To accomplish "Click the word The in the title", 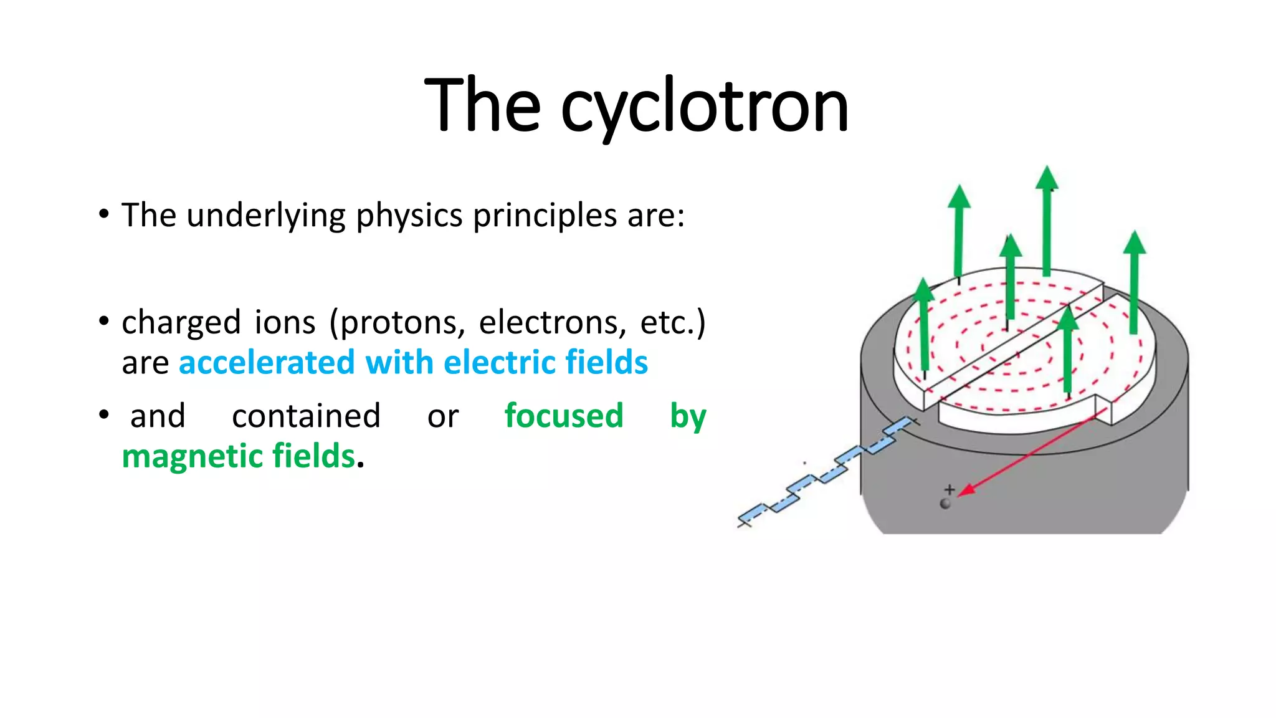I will tap(482, 106).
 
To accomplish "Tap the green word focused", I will tap(563, 416).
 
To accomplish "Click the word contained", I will tap(306, 416).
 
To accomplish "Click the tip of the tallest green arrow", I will tap(1047, 168).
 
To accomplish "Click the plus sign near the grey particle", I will tap(949, 489).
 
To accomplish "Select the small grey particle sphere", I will tap(945, 504).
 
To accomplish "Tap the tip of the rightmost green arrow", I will tap(1135, 234).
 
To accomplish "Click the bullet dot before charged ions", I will tap(104, 322).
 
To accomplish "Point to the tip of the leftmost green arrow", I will tap(923, 280).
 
